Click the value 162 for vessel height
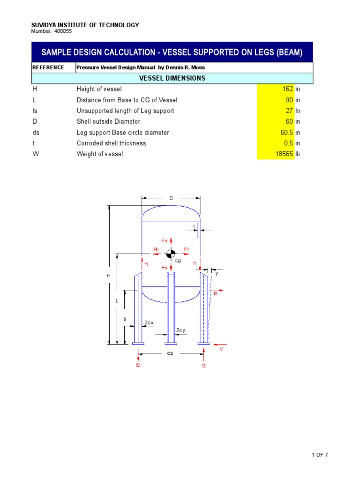(287, 89)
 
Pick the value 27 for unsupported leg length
(289, 111)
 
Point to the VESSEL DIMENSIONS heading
(172, 78)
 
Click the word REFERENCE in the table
(48, 67)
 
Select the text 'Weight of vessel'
(100, 154)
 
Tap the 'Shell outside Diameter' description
(108, 122)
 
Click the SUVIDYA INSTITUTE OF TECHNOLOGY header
(85, 25)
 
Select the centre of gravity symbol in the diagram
(170, 254)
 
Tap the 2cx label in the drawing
(149, 322)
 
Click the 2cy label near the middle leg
(181, 330)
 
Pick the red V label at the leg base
(222, 349)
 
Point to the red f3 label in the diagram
(216, 293)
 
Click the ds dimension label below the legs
(170, 353)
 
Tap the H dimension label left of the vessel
(108, 276)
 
